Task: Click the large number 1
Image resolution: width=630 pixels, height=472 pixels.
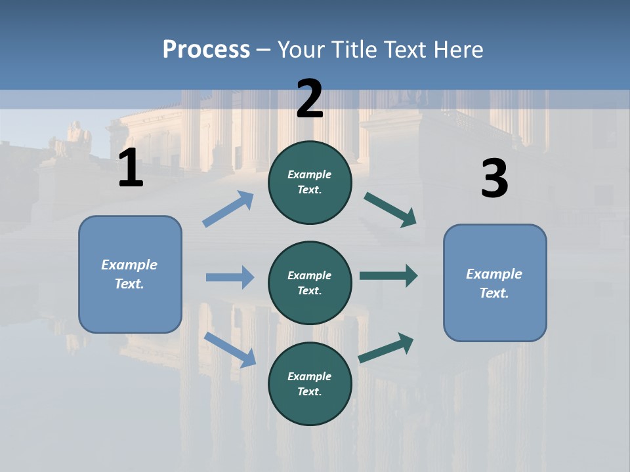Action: pyautogui.click(x=131, y=168)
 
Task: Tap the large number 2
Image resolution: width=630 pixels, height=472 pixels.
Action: pyautogui.click(x=310, y=99)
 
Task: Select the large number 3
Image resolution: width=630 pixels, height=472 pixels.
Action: pyautogui.click(x=494, y=178)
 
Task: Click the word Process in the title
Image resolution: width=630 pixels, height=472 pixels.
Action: pyautogui.click(x=206, y=49)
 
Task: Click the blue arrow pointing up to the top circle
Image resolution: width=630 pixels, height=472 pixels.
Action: pyautogui.click(x=228, y=209)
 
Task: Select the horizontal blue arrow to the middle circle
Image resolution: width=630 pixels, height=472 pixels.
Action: pyautogui.click(x=230, y=277)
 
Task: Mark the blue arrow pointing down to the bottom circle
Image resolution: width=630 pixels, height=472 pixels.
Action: pyautogui.click(x=230, y=349)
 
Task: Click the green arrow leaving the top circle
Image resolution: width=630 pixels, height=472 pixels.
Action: pyautogui.click(x=390, y=210)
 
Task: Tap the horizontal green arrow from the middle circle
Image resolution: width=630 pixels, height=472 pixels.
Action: pyautogui.click(x=388, y=276)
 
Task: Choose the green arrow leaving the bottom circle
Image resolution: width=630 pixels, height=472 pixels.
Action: pyautogui.click(x=386, y=347)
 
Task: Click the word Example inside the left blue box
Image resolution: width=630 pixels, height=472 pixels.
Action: pyautogui.click(x=129, y=265)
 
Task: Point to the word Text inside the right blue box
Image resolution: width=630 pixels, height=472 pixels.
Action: pyautogui.click(x=493, y=293)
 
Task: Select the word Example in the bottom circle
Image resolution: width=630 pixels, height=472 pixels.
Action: pyautogui.click(x=310, y=376)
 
